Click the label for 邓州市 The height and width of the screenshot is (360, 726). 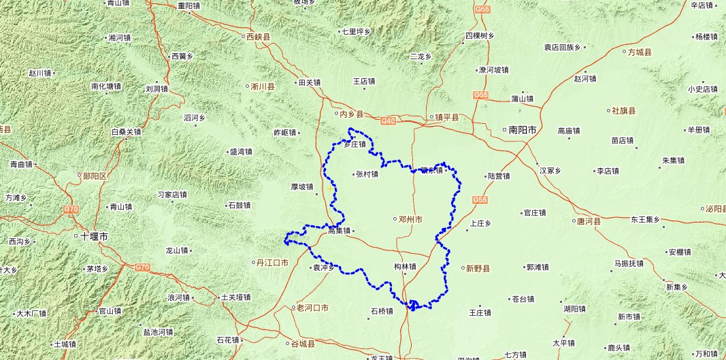tap(411, 219)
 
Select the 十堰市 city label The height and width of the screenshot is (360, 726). tap(95, 237)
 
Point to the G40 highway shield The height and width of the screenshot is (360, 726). tap(388, 121)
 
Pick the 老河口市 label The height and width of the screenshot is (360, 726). tap(313, 308)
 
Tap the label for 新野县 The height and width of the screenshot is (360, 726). tap(478, 269)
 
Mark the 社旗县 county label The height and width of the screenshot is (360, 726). tap(623, 111)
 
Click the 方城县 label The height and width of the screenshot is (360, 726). tap(640, 52)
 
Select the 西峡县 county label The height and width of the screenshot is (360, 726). tap(258, 37)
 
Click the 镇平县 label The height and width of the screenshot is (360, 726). tap(446, 117)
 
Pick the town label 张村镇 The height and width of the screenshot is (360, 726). tap(367, 174)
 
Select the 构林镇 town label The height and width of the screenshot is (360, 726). tap(405, 266)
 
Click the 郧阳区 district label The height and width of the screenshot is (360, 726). tap(95, 176)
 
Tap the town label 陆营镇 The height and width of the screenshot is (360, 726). tap(499, 176)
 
